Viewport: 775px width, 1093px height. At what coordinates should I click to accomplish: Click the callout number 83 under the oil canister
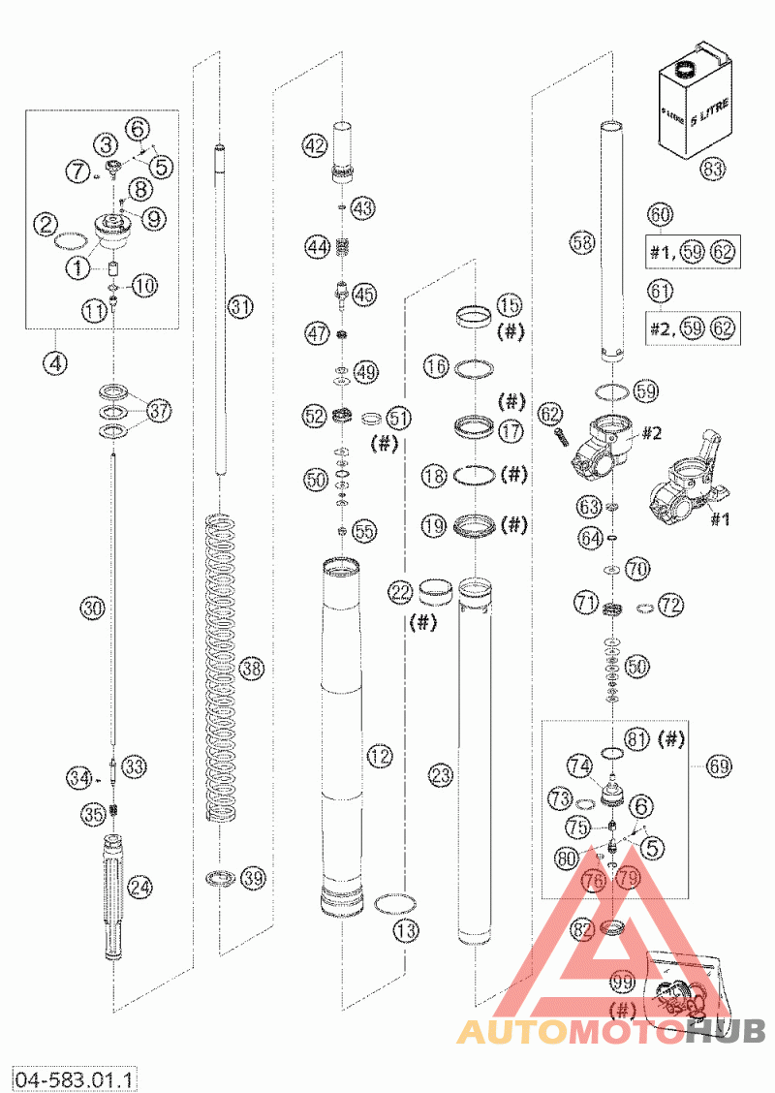point(712,169)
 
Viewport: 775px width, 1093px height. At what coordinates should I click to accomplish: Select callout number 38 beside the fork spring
point(253,669)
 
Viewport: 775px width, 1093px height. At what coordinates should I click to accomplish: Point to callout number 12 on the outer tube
point(380,755)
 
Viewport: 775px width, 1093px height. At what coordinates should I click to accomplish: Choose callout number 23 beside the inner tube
point(441,775)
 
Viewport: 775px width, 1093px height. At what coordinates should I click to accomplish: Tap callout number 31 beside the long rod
point(240,306)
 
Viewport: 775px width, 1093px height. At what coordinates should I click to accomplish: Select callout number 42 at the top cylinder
point(313,146)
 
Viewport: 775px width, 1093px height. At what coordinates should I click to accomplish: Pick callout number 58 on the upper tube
point(582,244)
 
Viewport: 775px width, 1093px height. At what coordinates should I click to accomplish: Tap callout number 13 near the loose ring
point(406,930)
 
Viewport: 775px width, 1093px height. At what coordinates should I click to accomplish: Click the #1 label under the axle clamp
point(718,517)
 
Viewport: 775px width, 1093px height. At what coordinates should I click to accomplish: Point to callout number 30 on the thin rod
point(92,609)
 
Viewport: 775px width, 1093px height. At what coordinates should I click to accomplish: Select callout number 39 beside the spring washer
point(253,878)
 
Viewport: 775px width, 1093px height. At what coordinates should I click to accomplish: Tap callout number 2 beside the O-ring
point(44,225)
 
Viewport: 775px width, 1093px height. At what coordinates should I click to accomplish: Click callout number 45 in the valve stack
point(364,294)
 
